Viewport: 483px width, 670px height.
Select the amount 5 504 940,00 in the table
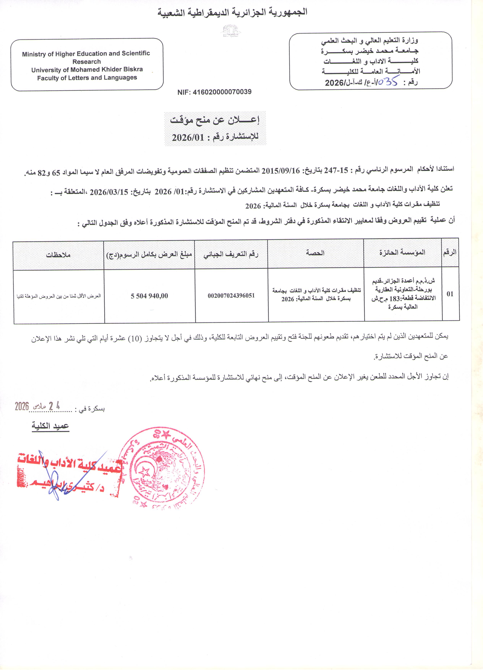[149, 296]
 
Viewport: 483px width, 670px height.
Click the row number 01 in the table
[450, 294]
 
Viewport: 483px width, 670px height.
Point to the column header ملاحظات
[58, 255]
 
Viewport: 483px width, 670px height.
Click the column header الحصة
[315, 253]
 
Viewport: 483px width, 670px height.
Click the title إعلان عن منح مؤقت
[215, 121]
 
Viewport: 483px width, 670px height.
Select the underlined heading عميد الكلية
[50, 426]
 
